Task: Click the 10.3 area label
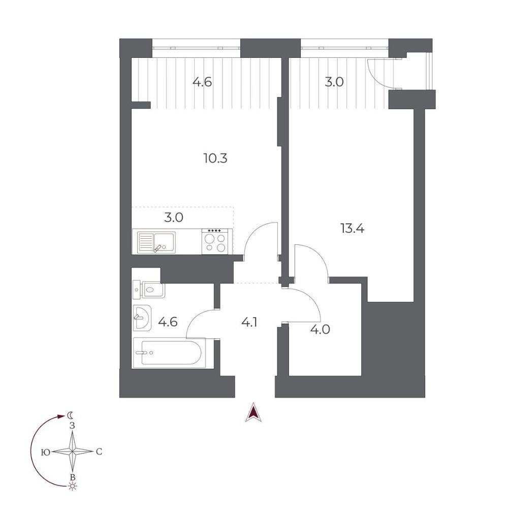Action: [x=215, y=158]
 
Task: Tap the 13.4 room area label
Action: [x=353, y=229]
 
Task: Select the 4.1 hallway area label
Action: [x=249, y=323]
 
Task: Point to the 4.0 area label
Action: [x=320, y=330]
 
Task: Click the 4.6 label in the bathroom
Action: [x=168, y=322]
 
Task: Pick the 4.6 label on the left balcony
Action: [x=202, y=82]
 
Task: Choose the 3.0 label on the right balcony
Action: [x=334, y=82]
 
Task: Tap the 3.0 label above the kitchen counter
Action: [x=174, y=217]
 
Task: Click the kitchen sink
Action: [x=156, y=242]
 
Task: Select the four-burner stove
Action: [x=217, y=242]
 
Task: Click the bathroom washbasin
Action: [x=142, y=317]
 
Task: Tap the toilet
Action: [x=149, y=289]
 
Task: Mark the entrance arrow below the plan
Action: [x=253, y=412]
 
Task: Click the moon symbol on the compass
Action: [x=70, y=416]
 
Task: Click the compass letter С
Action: [x=99, y=452]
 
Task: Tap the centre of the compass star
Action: [x=72, y=451]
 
